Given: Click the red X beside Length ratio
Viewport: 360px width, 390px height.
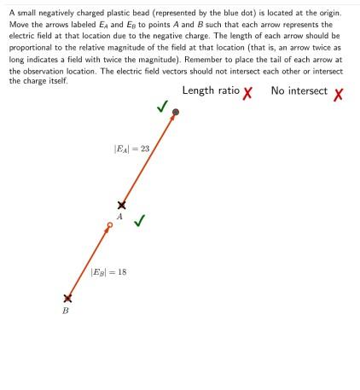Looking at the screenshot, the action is (x=248, y=93).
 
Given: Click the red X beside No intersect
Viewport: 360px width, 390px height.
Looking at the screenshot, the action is (x=338, y=93).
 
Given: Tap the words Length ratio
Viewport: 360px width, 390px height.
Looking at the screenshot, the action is (x=211, y=91).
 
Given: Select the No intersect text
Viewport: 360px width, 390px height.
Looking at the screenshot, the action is (x=299, y=91).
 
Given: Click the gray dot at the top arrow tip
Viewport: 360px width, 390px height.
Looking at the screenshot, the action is (x=176, y=112).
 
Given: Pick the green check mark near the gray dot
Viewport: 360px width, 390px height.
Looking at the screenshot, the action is (x=162, y=107).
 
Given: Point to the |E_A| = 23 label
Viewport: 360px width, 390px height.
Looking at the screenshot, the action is (x=132, y=148).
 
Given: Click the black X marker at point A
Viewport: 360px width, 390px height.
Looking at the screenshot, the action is (x=121, y=205).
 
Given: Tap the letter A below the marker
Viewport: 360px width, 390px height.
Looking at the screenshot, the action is (x=120, y=218).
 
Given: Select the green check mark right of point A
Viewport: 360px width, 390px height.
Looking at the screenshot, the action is (x=139, y=219).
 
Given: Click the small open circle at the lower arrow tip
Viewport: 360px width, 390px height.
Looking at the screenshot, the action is (x=109, y=226).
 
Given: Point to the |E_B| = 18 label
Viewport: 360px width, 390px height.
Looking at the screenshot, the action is (x=109, y=272).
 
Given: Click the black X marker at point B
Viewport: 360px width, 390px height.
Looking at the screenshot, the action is (x=67, y=299).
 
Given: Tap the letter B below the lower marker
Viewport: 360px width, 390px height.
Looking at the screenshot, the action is (x=67, y=311).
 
